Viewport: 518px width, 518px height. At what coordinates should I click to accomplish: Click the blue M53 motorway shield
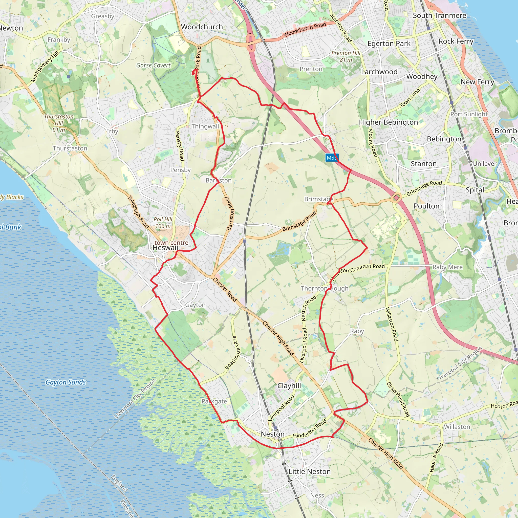point(332,158)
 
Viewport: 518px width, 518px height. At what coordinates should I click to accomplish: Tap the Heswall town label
point(165,248)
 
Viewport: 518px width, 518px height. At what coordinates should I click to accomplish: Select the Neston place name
point(272,434)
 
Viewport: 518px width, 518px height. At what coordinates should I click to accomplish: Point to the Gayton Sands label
point(66,382)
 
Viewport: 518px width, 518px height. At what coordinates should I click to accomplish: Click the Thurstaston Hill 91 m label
point(59,123)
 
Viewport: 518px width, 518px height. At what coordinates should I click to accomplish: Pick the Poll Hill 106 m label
point(163,223)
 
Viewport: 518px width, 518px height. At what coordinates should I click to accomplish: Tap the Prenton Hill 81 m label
point(346,56)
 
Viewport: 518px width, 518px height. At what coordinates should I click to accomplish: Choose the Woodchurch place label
point(202,27)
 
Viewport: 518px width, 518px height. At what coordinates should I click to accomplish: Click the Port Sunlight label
point(469,114)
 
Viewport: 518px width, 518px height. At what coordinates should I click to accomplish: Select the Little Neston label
point(309,471)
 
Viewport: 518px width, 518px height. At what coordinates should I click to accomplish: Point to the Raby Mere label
point(447,267)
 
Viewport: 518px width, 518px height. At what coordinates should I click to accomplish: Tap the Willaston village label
point(457,427)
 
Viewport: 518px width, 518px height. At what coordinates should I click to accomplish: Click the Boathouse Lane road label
point(232,353)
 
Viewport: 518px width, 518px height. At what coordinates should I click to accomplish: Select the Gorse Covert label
point(153,66)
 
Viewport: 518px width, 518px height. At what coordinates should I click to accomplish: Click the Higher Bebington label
point(388,122)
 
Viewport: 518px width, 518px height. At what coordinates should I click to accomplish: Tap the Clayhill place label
point(289,385)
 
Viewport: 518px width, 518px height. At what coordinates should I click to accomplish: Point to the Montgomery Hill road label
point(45,67)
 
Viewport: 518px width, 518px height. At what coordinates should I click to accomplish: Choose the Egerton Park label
point(389,44)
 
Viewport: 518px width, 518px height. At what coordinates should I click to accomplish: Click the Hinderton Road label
point(310,428)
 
